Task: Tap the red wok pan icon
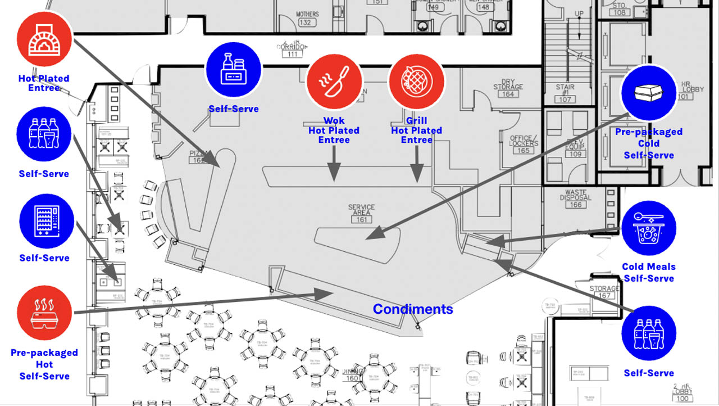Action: [x=334, y=82]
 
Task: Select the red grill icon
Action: [x=416, y=82]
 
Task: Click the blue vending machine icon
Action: [x=47, y=222]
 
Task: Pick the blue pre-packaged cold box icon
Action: [x=649, y=93]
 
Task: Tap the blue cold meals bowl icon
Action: [x=649, y=229]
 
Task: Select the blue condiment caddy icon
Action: [x=234, y=69]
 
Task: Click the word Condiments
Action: [x=413, y=309]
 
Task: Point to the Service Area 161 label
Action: [x=361, y=213]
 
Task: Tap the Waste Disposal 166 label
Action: [x=576, y=199]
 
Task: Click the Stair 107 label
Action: [x=565, y=93]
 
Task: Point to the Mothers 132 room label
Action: [x=307, y=19]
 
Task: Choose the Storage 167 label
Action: [x=604, y=292]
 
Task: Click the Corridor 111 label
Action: [x=292, y=50]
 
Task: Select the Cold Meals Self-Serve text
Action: [x=649, y=273]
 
